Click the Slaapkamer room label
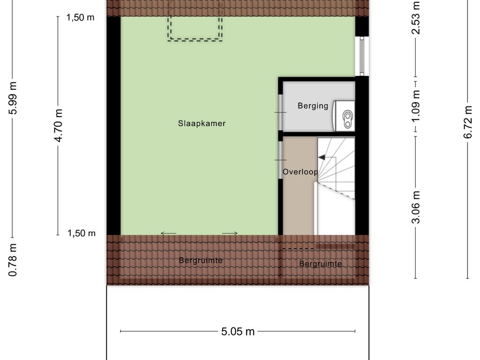202,123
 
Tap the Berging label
313,106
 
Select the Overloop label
300,172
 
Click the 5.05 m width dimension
238,331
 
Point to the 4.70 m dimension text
58,126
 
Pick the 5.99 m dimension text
13,98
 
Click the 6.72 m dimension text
468,122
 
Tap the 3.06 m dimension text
416,207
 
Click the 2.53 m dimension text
416,18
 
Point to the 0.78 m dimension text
13,260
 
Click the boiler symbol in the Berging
344,116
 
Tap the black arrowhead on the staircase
322,157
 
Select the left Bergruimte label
201,261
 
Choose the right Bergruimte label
321,264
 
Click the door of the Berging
280,112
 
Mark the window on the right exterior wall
362,56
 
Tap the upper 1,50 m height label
81,17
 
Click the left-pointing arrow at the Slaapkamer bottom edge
168,233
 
